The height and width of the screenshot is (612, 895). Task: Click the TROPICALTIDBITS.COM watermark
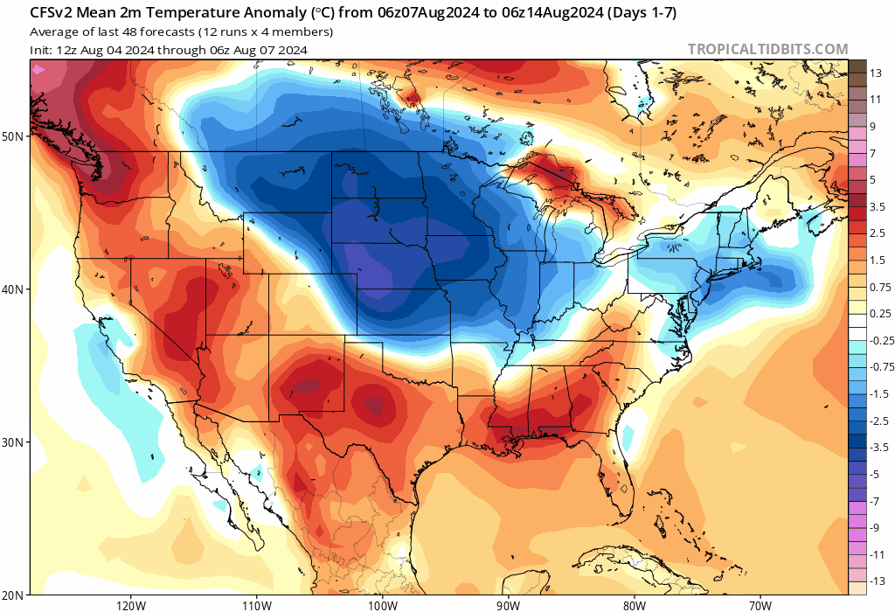767,50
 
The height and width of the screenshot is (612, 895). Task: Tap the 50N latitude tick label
13,136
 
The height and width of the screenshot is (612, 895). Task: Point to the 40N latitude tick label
13,289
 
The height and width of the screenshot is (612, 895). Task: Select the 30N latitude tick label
13,442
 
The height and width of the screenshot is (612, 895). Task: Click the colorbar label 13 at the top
877,75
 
